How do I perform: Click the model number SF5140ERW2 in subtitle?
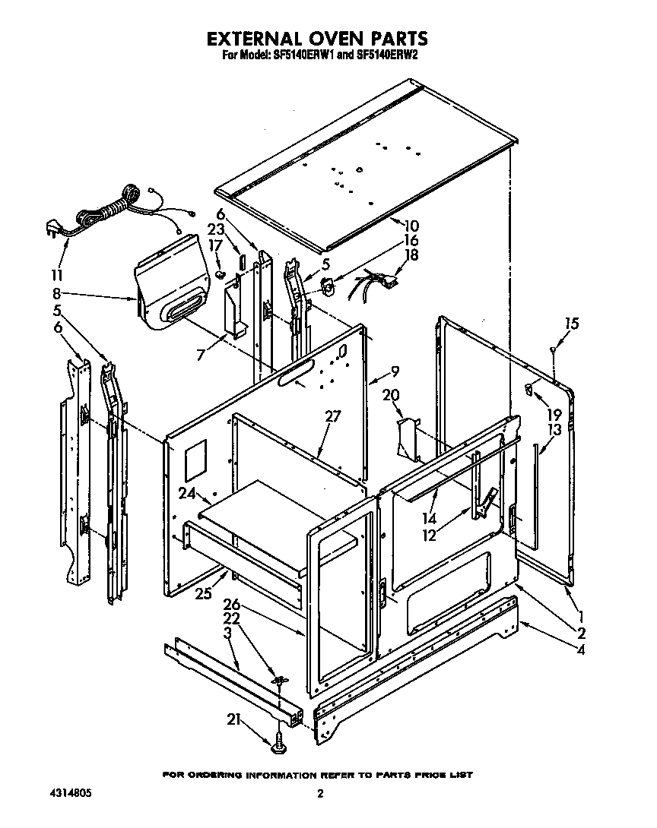click(387, 55)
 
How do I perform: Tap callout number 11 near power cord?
click(57, 274)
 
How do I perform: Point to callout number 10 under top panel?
click(411, 226)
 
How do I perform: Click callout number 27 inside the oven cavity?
click(333, 416)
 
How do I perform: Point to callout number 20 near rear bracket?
click(391, 394)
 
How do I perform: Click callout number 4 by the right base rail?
click(581, 649)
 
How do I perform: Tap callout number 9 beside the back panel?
click(394, 371)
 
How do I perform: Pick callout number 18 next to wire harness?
click(411, 256)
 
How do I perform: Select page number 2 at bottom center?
click(320, 795)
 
